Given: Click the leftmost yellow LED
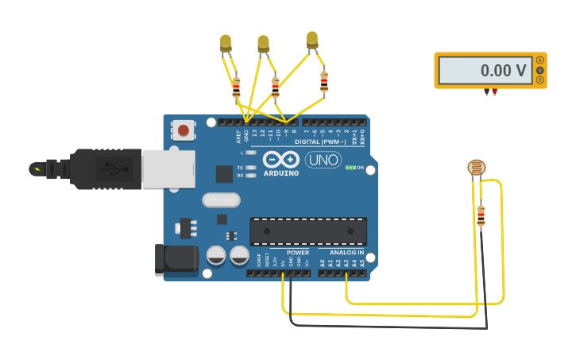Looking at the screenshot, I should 226,43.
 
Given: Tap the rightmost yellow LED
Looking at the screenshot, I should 312,39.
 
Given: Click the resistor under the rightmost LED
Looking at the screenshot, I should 324,81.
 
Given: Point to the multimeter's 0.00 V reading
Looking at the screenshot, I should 504,71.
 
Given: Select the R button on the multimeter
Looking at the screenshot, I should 541,80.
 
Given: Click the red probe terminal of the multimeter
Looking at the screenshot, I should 495,91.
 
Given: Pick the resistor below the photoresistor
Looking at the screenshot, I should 481,215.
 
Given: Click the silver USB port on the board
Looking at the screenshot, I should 168,169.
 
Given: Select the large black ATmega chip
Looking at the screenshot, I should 309,230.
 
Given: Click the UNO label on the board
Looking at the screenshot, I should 323,160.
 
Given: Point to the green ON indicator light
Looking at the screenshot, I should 350,168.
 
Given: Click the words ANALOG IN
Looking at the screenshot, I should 347,253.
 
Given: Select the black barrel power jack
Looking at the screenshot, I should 176,260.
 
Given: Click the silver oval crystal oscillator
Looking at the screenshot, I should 222,199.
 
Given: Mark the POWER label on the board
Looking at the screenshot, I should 298,253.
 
